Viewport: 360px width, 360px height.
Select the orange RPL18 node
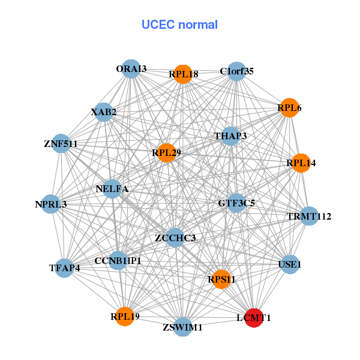tap(183, 74)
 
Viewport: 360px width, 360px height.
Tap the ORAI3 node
tap(131, 69)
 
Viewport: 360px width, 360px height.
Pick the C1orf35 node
tap(236, 71)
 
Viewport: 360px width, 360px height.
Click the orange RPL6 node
tap(289, 108)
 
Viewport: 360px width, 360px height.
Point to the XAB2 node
tap(104, 112)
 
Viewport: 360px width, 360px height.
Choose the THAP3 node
tap(230, 136)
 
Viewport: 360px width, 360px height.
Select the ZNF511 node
tap(61, 143)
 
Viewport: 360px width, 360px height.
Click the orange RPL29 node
tap(166, 153)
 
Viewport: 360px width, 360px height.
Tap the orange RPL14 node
tap(301, 163)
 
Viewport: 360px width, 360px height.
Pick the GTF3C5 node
tap(236, 203)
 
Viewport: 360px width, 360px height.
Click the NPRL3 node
tap(51, 205)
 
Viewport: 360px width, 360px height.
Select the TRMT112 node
tap(308, 216)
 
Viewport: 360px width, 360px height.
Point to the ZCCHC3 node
tap(175, 238)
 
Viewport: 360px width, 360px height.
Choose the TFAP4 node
tap(65, 268)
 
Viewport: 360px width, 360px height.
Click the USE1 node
tap(290, 264)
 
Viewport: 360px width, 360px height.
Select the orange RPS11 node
tap(221, 279)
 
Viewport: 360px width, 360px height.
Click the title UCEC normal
tap(179, 25)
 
